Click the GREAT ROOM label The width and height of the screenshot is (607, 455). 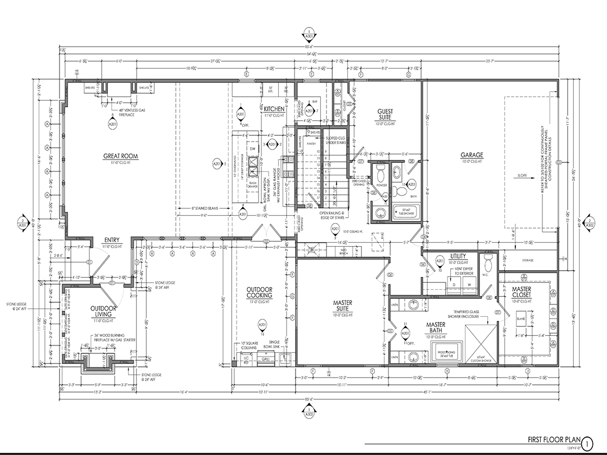120,156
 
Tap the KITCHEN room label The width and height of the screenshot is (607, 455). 275,108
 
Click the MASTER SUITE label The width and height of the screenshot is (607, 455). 342,306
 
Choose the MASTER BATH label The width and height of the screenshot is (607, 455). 436,327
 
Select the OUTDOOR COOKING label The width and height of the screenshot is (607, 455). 260,293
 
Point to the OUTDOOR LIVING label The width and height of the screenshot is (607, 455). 103,312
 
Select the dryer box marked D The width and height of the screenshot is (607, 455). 453,285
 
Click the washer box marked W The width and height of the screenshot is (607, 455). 468,285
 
